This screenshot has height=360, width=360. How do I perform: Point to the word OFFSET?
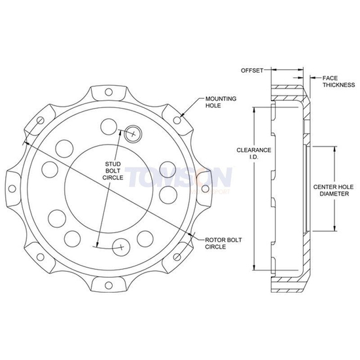(251, 69)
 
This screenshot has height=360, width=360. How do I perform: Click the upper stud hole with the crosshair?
(133, 133)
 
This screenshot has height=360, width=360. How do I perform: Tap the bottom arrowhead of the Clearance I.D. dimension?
(253, 270)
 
